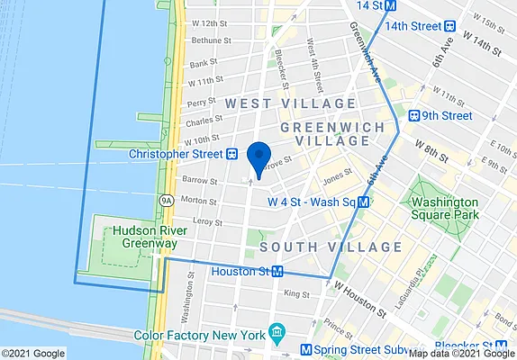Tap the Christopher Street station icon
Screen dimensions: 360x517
coord(231,154)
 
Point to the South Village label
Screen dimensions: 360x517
coord(331,246)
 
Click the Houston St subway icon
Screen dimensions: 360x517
coord(278,271)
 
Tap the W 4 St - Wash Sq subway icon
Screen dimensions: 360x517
coord(363,202)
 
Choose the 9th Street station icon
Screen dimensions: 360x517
coord(414,116)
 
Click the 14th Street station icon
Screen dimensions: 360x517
coord(391,5)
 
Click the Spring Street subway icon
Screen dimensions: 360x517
coord(306,349)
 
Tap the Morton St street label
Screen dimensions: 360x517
coord(197,200)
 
